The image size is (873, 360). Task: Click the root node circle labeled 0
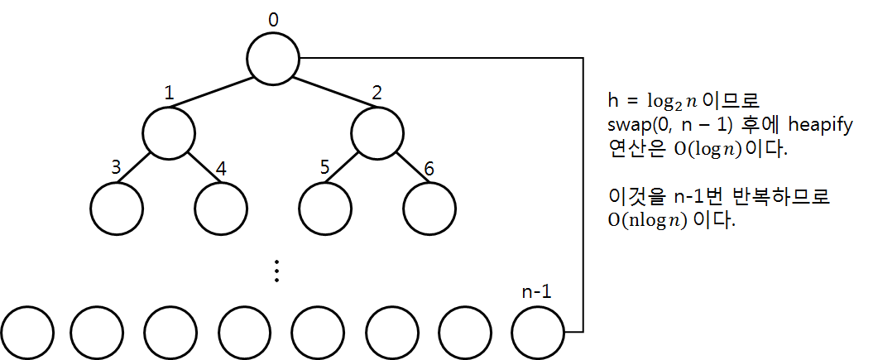tap(274, 58)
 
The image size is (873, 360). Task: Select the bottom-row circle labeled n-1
tap(539, 332)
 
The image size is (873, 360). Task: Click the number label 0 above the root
tap(274, 18)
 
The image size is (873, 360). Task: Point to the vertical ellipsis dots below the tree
tap(278, 271)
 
